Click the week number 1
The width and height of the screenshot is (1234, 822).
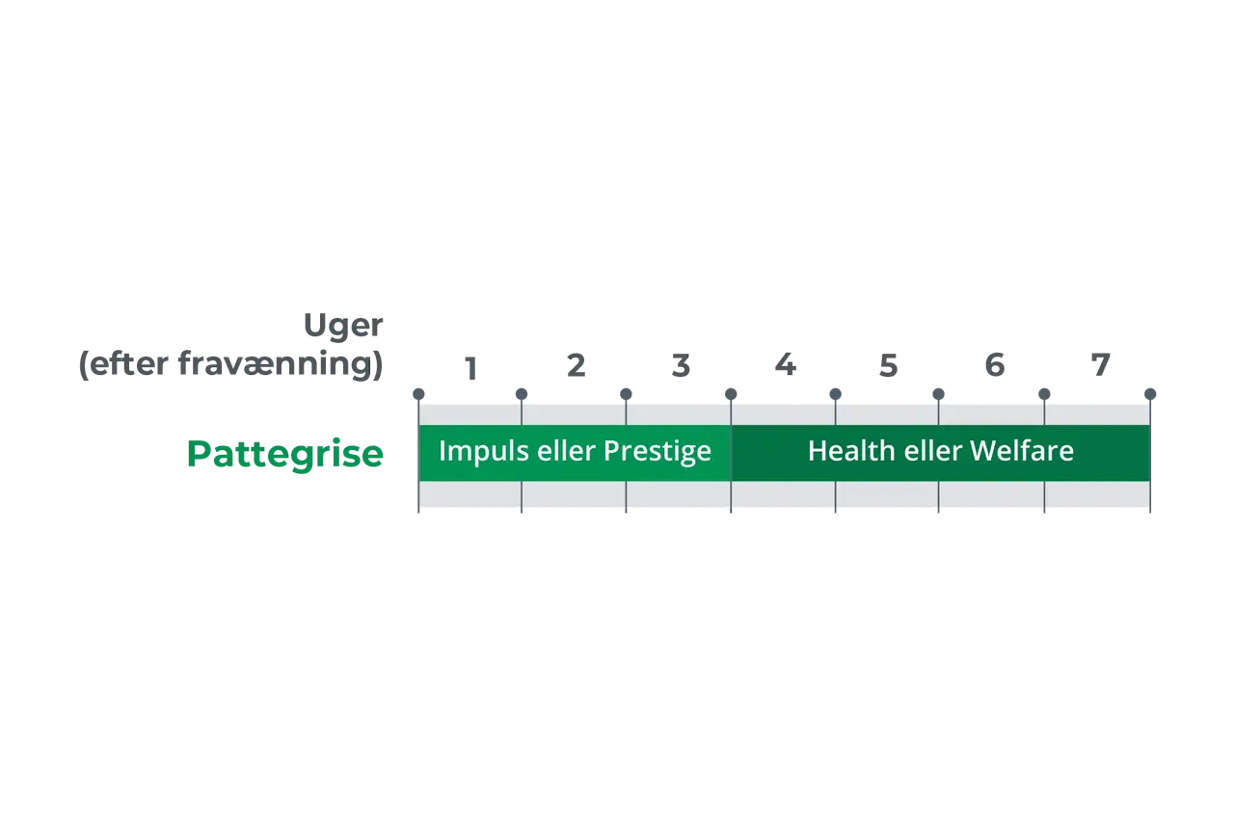(x=470, y=368)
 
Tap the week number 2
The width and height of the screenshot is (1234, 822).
(x=576, y=365)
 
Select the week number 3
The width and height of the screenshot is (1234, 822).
(x=681, y=365)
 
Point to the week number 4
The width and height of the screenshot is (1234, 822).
(x=785, y=364)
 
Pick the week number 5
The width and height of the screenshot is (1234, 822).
(x=888, y=365)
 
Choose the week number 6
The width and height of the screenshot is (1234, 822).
(x=994, y=365)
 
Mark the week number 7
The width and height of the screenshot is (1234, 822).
(x=1101, y=365)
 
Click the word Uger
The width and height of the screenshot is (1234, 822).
(x=343, y=326)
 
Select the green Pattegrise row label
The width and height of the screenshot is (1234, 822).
(x=284, y=455)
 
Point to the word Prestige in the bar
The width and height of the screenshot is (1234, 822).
(x=657, y=451)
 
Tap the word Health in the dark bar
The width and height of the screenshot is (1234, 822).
(x=851, y=450)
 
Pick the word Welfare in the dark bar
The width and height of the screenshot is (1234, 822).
(x=1021, y=450)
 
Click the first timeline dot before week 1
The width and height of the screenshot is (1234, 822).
(x=418, y=394)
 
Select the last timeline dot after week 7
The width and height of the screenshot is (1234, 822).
(x=1150, y=394)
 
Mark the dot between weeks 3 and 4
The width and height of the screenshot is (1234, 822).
(x=731, y=394)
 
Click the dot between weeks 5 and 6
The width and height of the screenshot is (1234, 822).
(x=939, y=394)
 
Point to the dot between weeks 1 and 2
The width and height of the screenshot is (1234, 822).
(x=522, y=394)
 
